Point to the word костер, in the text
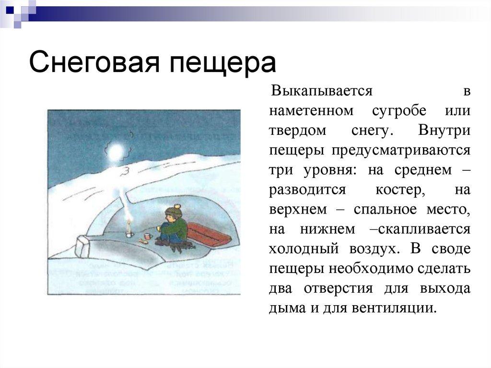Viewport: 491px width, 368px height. click(x=400, y=190)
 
